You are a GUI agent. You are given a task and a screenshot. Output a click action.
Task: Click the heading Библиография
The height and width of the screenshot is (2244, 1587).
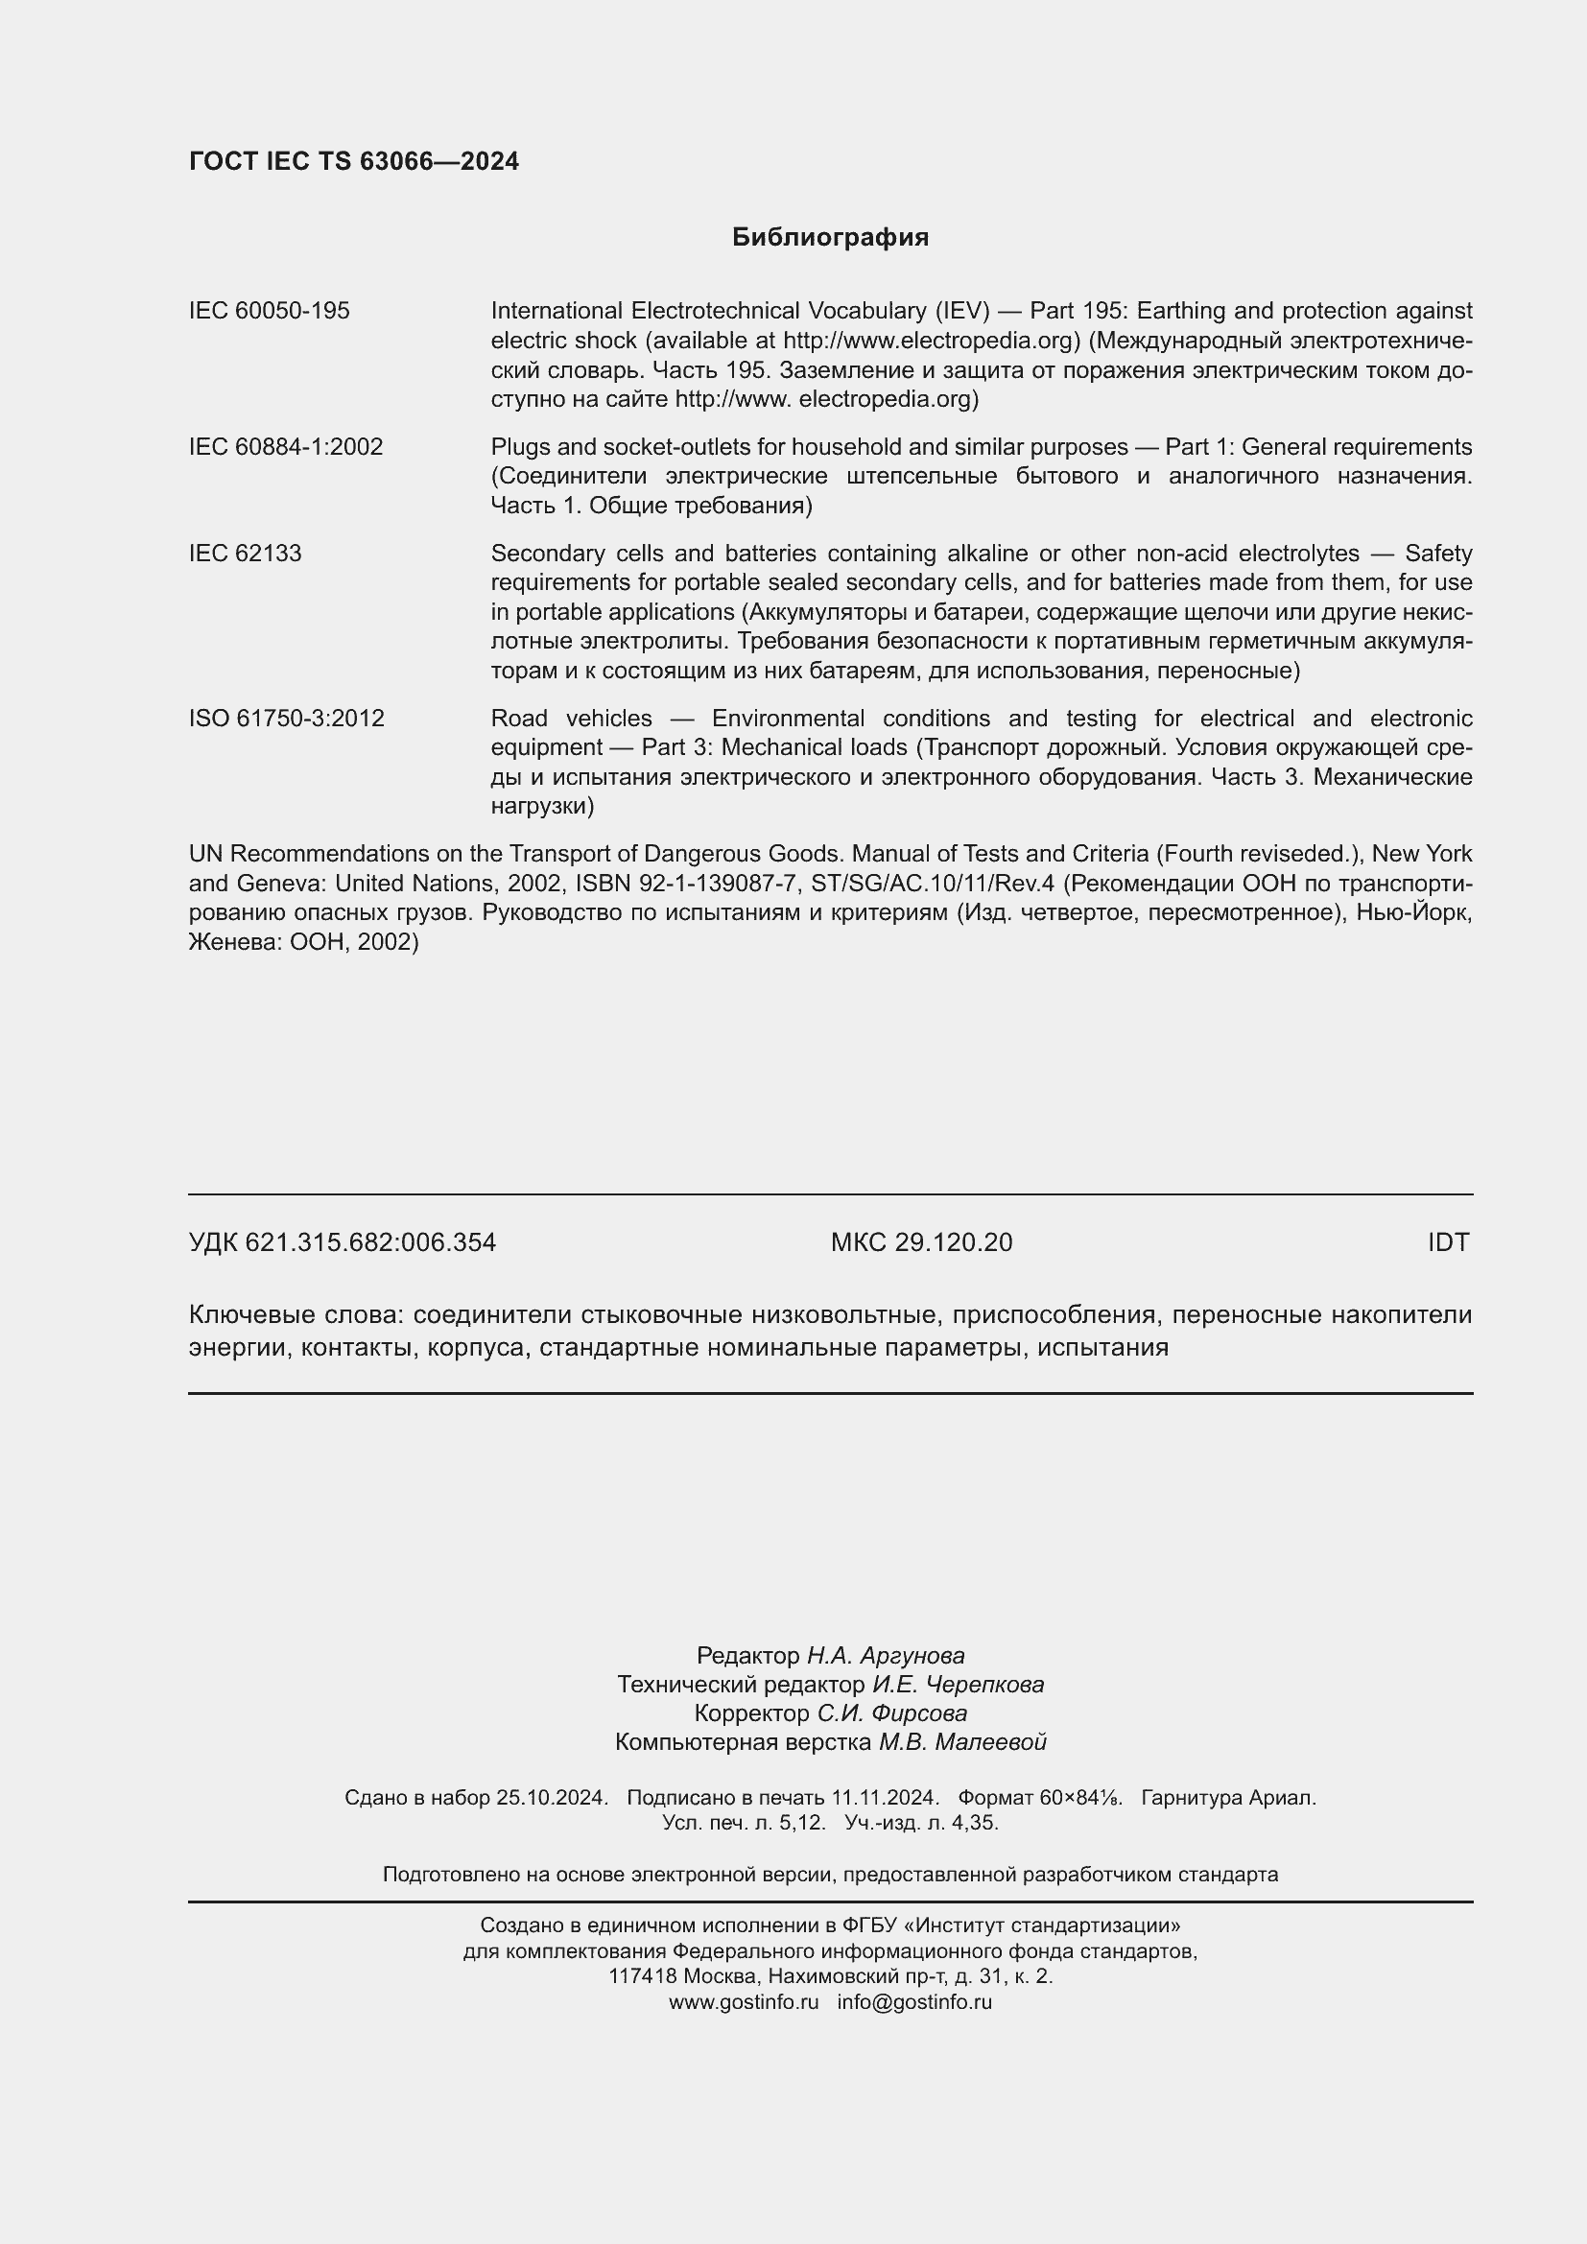pyautogui.click(x=830, y=238)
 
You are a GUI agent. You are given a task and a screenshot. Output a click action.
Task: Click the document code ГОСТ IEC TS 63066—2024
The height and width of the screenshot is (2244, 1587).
pyautogui.click(x=354, y=161)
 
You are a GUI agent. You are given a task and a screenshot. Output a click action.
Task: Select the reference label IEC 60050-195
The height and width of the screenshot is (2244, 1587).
pyautogui.click(x=269, y=311)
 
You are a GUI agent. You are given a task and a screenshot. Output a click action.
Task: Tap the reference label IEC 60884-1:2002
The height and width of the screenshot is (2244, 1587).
pyautogui.click(x=285, y=447)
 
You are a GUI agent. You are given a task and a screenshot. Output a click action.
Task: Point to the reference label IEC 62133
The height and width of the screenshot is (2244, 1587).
pyautogui.click(x=246, y=554)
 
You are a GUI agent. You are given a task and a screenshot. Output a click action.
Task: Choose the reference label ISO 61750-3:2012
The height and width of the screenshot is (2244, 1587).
pyautogui.click(x=286, y=719)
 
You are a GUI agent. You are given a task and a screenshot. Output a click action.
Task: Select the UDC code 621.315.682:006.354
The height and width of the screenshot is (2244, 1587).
pyautogui.click(x=370, y=1242)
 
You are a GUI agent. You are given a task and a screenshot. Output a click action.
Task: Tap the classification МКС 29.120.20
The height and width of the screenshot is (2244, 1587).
pyautogui.click(x=920, y=1242)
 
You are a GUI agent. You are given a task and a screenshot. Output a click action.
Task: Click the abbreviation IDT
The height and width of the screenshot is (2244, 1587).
pyautogui.click(x=1447, y=1242)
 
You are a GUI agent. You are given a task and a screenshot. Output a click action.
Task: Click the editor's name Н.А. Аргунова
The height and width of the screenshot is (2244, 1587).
pyautogui.click(x=886, y=1656)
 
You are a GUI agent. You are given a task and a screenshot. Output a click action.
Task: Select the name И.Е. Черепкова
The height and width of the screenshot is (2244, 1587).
pyautogui.click(x=958, y=1684)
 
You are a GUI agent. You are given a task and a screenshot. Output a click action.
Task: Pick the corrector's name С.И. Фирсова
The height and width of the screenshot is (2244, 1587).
pyautogui.click(x=892, y=1713)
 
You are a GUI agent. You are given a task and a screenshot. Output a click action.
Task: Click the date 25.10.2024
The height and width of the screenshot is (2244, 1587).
pyautogui.click(x=551, y=1797)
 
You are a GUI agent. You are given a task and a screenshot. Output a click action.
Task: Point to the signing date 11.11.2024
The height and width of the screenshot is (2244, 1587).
pyautogui.click(x=885, y=1797)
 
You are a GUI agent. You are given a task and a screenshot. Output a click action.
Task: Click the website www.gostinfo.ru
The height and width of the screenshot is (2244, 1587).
pyautogui.click(x=744, y=2001)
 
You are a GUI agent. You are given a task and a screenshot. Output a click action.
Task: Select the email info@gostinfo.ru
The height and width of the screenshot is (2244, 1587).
pyautogui.click(x=914, y=2001)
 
